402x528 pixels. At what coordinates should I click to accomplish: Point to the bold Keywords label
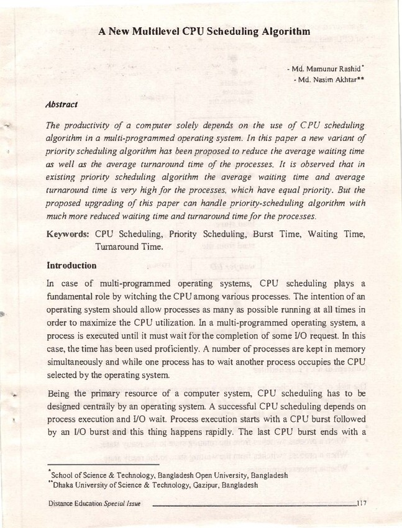pyautogui.click(x=68, y=235)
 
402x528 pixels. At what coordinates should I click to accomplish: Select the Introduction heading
pyautogui.click(x=73, y=265)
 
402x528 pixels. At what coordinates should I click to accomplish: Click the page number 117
pyautogui.click(x=362, y=503)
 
